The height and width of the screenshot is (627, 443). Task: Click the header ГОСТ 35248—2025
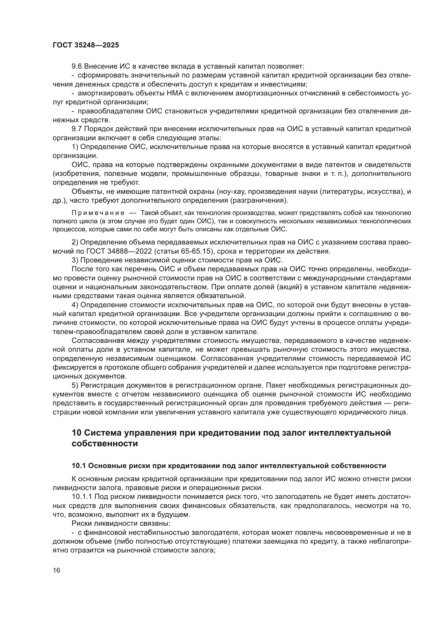click(86, 45)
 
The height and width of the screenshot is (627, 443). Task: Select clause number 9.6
click(77, 66)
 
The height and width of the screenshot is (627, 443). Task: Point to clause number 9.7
click(77, 129)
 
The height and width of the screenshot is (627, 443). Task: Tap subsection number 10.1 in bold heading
click(78, 466)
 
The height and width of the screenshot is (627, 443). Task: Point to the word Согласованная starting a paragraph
click(95, 341)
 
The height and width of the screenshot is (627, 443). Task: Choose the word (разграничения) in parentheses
click(259, 201)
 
